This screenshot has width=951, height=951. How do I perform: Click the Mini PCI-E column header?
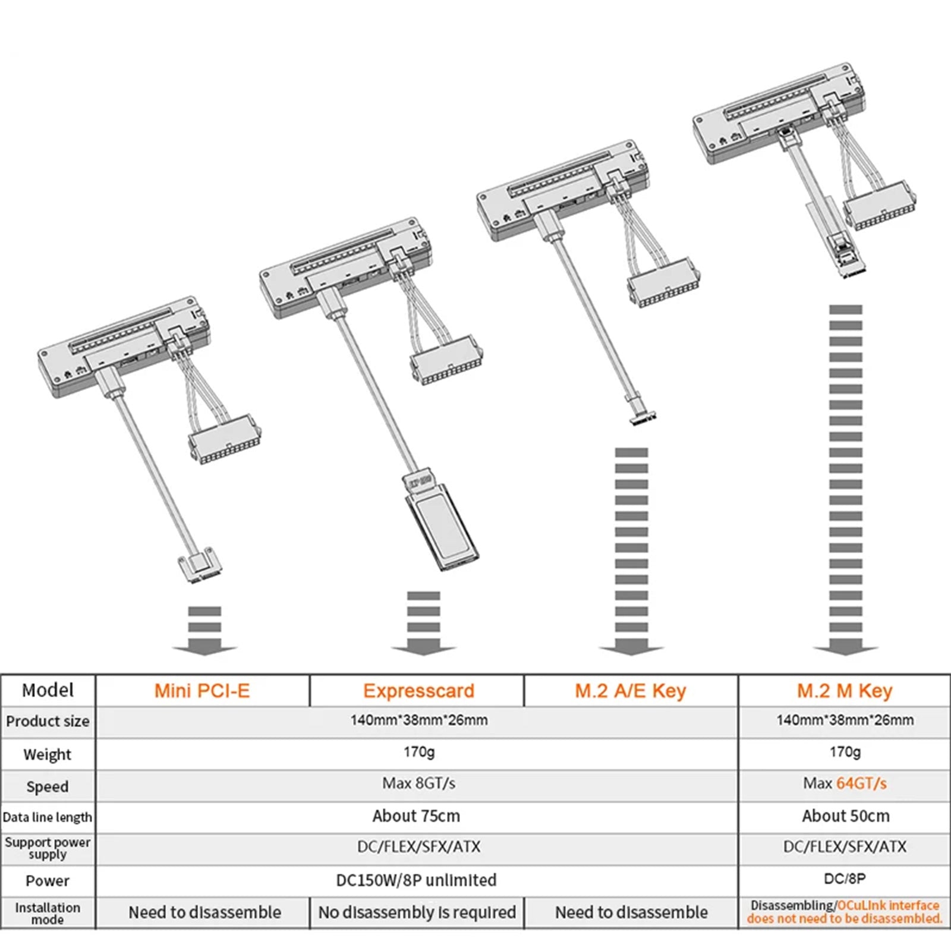tap(202, 691)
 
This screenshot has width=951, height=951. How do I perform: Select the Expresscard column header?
tap(418, 691)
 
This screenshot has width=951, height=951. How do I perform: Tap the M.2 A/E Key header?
tap(630, 691)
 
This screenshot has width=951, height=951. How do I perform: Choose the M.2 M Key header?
tap(845, 691)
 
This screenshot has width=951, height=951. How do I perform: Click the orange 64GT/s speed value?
tap(861, 783)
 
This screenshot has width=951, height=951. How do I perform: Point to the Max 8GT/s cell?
tap(418, 783)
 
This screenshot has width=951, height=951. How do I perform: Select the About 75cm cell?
tap(416, 816)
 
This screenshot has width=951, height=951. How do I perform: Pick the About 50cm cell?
tap(845, 816)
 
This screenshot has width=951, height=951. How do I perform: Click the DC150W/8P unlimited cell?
tap(416, 880)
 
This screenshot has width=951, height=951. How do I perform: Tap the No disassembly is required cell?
tap(417, 912)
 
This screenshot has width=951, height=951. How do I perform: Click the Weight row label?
tap(47, 754)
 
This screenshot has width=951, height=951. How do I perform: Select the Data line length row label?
tap(47, 817)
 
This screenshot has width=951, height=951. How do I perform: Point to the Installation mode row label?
tap(47, 913)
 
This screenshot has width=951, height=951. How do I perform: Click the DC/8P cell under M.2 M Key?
tap(845, 878)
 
